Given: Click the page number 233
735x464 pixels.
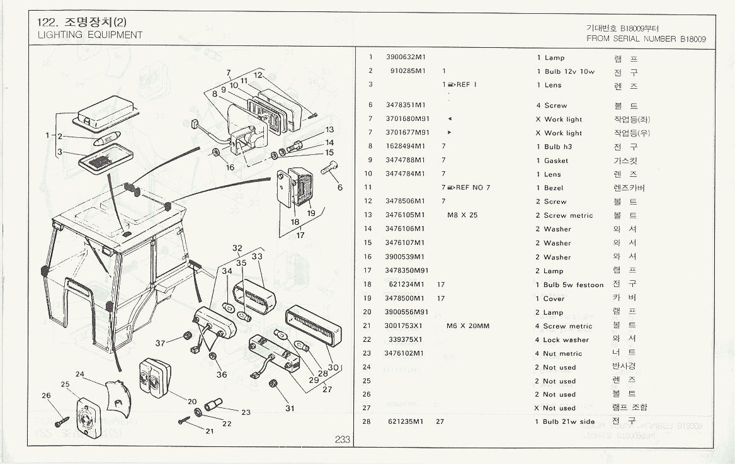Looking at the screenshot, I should (342, 439).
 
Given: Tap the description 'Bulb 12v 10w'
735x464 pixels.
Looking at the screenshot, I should (569, 72).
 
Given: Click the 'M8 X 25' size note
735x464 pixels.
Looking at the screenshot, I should (462, 215).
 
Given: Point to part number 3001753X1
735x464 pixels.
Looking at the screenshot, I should (403, 326).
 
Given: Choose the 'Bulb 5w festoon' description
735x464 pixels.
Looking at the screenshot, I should (573, 285).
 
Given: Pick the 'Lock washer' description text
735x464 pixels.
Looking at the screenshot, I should (566, 340).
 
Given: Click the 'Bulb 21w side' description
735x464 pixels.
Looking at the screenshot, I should (569, 422).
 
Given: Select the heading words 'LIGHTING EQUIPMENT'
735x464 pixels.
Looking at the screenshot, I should (90, 35).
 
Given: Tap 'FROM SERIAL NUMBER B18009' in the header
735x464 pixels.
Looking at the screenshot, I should (646, 38).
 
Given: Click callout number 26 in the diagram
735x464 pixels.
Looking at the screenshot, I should (46, 395).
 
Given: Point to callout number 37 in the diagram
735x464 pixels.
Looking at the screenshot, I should (161, 343).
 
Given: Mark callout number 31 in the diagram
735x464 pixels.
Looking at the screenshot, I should (290, 408).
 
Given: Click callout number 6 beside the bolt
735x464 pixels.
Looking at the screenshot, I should (340, 187).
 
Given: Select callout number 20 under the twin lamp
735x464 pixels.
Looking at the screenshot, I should (192, 402).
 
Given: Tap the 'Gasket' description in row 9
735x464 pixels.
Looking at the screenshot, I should (556, 161).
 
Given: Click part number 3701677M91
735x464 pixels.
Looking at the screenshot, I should (407, 133).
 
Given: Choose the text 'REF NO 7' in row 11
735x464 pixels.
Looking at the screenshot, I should (473, 188).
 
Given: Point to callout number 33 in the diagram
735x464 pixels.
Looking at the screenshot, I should (257, 256).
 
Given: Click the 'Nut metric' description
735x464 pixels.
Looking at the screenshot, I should (562, 354).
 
